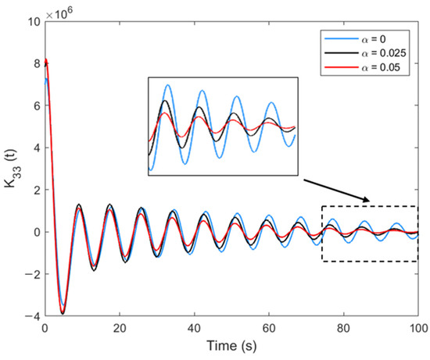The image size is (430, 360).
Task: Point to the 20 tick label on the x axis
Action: point(120,329)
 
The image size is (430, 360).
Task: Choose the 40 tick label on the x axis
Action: point(195,329)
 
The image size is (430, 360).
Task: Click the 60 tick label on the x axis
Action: point(270,329)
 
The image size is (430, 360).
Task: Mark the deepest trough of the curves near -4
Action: point(63,312)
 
